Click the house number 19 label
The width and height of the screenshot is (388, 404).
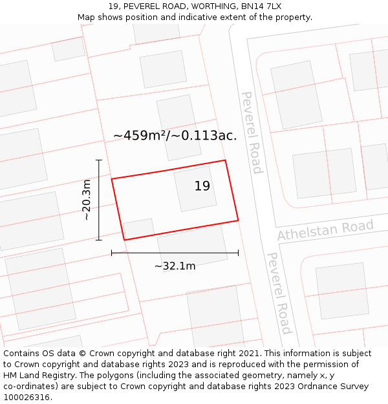click(202, 186)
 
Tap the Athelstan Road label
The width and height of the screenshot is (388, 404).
click(325, 230)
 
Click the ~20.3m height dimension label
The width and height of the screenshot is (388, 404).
click(87, 200)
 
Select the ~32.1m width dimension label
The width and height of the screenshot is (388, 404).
click(175, 266)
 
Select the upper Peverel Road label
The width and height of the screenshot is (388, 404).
click(252, 132)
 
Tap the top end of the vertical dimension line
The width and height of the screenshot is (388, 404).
click(99, 160)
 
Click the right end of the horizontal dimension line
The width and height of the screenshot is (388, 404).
click(238, 253)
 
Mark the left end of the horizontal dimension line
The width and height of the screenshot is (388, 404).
click(112, 253)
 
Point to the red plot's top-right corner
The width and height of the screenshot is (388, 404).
click(225, 160)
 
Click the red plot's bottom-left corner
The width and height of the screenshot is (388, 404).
click(124, 240)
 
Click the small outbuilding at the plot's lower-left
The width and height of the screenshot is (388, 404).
click(138, 228)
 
